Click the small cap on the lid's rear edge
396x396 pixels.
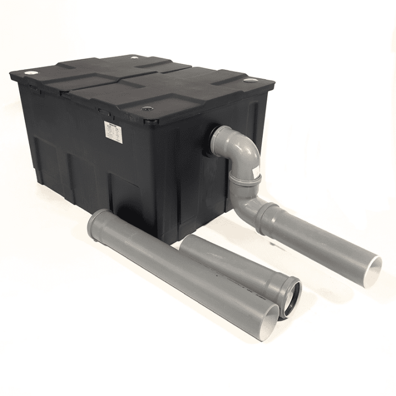tap(135, 57)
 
